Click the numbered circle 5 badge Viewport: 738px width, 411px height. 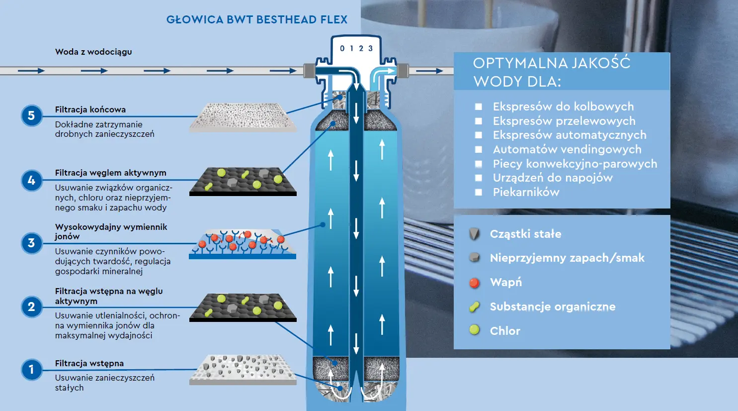31,116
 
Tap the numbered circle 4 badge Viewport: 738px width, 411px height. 31,180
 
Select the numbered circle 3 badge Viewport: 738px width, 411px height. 31,243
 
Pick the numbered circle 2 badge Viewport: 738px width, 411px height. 31,307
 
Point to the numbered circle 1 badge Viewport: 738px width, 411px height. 31,370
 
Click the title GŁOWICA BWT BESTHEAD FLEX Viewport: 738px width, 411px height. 256,20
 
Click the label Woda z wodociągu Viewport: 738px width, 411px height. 93,52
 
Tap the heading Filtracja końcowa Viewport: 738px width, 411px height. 90,109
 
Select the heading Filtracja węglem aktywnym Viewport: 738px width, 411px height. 110,173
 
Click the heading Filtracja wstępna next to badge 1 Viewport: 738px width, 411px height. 89,363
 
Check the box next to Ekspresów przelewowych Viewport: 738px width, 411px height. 479,121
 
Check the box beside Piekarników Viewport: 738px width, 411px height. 479,192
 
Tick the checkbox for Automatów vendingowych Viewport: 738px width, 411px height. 479,149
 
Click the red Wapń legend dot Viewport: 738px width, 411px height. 475,283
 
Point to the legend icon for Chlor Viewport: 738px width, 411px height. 475,329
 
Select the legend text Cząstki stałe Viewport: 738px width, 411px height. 525,234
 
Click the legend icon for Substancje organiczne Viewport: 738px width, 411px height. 475,307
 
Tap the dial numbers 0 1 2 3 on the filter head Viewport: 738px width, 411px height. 356,48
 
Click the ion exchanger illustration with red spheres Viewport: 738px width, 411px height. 243,244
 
